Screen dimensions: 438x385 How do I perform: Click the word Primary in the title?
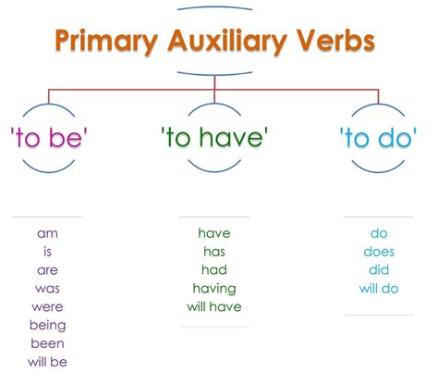click(x=106, y=42)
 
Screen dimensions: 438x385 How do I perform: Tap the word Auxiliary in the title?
click(x=227, y=42)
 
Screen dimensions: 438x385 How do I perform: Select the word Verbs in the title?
click(x=335, y=40)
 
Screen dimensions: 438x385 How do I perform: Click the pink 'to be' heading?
click(x=49, y=137)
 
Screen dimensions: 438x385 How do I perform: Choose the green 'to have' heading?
click(x=214, y=137)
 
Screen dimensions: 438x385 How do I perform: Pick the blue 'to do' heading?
click(x=378, y=137)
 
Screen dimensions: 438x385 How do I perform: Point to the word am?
click(x=47, y=234)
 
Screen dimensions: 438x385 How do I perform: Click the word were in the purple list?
click(x=47, y=307)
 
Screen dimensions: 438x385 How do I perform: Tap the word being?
click(x=48, y=326)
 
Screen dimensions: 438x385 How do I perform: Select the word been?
click(x=47, y=343)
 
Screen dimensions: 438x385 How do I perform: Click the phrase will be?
click(x=47, y=362)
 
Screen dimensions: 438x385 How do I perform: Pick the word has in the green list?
click(x=214, y=252)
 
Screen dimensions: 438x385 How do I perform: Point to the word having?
click(x=214, y=289)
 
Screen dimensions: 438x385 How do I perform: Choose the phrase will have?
click(x=214, y=306)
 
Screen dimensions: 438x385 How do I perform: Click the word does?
click(x=379, y=252)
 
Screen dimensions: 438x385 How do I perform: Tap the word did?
click(x=379, y=270)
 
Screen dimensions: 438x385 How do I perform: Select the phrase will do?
click(x=379, y=289)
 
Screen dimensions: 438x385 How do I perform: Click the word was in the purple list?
click(x=47, y=289)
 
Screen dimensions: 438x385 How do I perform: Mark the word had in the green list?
click(x=214, y=270)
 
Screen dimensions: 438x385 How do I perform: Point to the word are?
click(x=47, y=270)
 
